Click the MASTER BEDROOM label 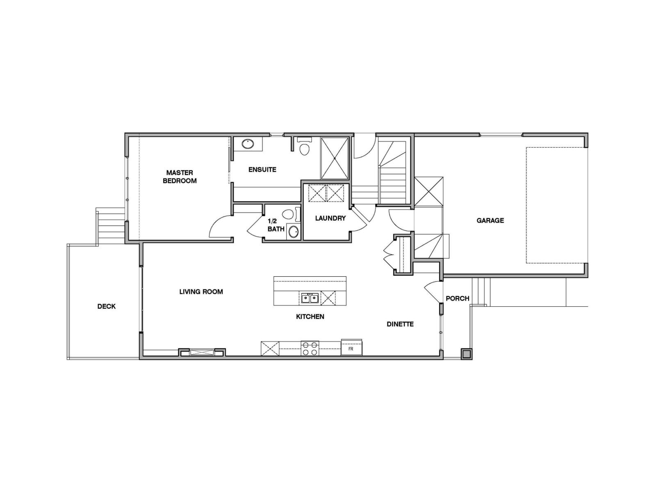coord(180,177)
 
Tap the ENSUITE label coord(262,169)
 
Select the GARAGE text coord(490,221)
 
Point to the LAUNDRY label coord(330,218)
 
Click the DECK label coord(107,306)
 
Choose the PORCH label coord(458,298)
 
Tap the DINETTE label coord(400,324)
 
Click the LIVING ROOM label coord(201,292)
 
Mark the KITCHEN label coord(310,317)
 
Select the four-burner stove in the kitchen coord(310,348)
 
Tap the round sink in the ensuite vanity coord(247,144)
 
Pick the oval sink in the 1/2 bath coord(294,232)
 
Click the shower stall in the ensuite coord(335,158)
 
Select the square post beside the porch coord(467,354)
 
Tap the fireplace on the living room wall coord(202,352)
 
